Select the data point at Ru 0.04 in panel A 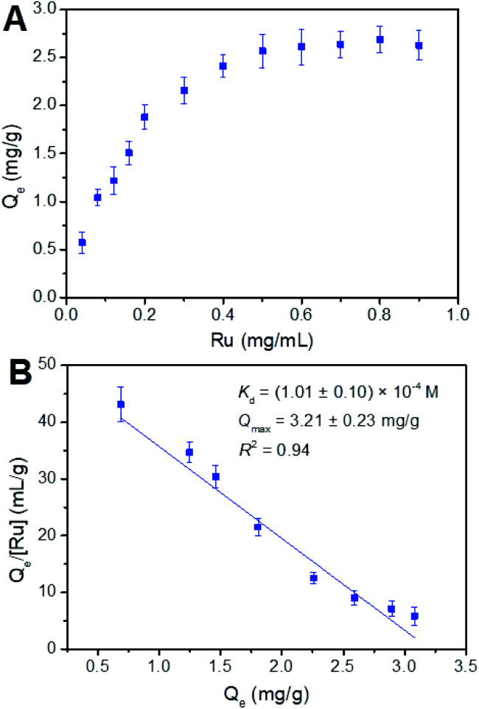click(82, 242)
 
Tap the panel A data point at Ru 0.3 click(184, 91)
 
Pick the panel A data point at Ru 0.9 click(419, 46)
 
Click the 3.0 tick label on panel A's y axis click(48, 10)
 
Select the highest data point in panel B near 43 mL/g click(121, 404)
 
